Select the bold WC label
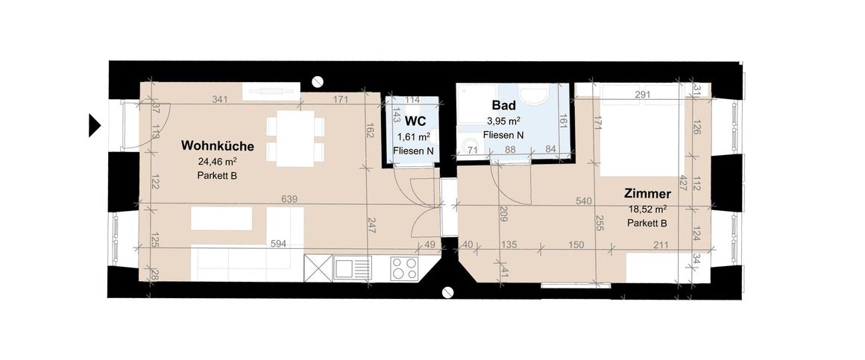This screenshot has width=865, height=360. [x=415, y=120]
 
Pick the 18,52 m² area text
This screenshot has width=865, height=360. [x=646, y=209]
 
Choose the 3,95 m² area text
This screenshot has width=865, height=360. [x=503, y=121]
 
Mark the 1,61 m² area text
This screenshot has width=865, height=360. [x=415, y=136]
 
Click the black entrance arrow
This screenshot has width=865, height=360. [x=95, y=124]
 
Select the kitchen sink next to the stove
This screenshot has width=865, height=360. [x=352, y=268]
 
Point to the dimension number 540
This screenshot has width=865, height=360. [x=585, y=201]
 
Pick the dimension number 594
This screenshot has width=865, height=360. [x=278, y=244]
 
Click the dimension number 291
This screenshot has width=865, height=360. [x=642, y=95]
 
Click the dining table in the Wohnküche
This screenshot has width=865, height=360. [x=295, y=139]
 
